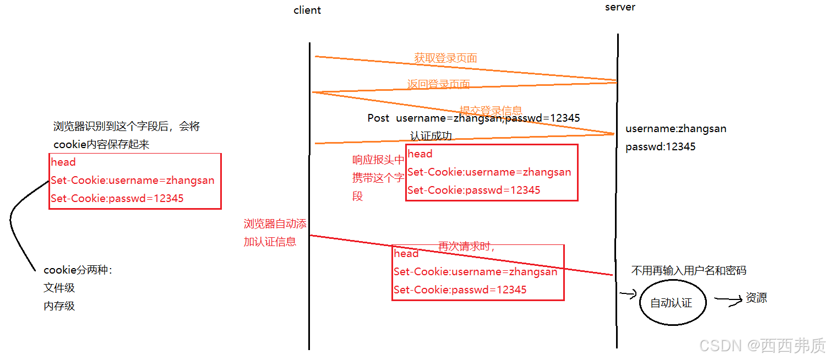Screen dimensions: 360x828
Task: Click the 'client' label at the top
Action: point(307,10)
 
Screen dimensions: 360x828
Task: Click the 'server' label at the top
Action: point(620,7)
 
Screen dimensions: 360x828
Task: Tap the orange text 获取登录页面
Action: point(445,58)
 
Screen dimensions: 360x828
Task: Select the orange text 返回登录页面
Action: point(438,84)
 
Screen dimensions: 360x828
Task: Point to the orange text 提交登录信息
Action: point(491,110)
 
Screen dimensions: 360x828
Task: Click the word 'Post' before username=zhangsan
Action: point(378,118)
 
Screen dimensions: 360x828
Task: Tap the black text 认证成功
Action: point(431,136)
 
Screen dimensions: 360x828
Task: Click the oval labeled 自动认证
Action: point(672,303)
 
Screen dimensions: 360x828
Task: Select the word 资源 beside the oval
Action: point(756,298)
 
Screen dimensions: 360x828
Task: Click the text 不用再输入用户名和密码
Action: point(689,270)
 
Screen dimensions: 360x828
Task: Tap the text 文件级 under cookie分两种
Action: point(59,287)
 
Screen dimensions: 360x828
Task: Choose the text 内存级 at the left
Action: point(59,306)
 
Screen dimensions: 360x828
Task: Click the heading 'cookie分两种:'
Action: point(77,270)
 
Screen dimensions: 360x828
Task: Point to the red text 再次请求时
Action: point(466,247)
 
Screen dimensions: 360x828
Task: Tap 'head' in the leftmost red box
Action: point(63,162)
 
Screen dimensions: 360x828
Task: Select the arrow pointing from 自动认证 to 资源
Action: point(728,300)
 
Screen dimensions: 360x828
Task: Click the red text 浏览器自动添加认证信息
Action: point(274,232)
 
